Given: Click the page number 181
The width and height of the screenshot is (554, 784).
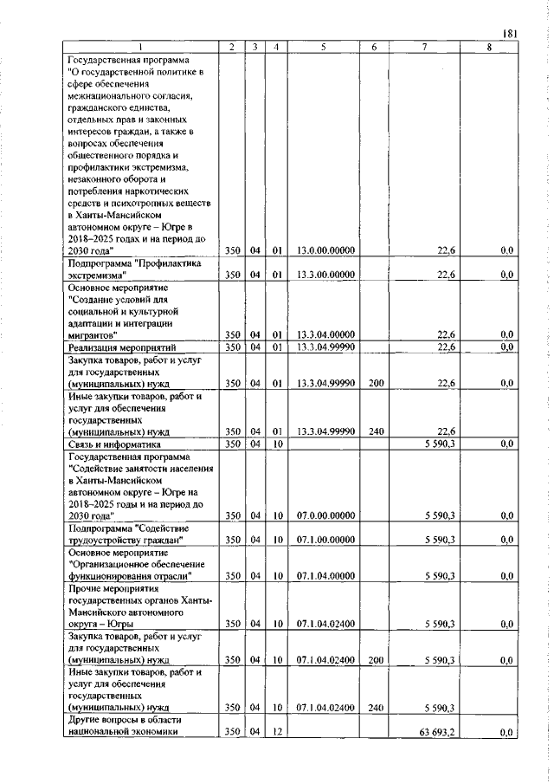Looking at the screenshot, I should coord(509,34).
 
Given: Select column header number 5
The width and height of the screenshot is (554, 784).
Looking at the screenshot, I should coord(321,48).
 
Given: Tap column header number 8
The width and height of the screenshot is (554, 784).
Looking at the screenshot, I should coord(488,48).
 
